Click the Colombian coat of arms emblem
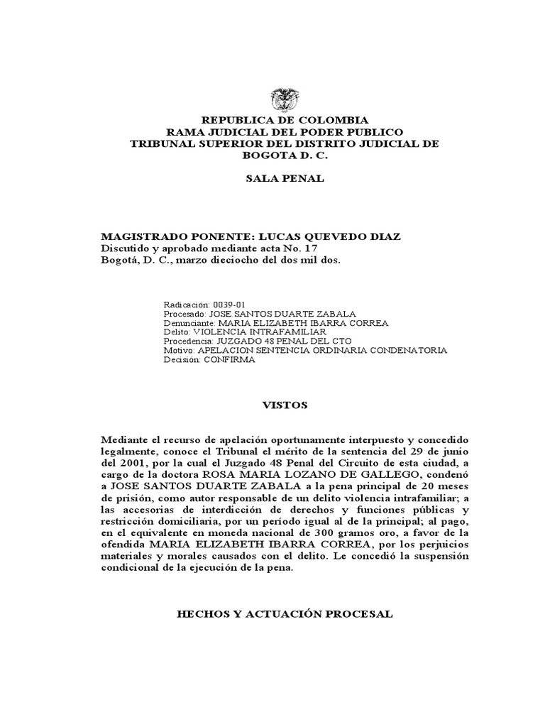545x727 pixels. point(284,98)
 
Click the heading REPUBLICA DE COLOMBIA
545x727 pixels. point(285,121)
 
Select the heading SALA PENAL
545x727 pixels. point(285,178)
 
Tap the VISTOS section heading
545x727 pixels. point(285,405)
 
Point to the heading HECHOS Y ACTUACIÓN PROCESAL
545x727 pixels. point(285,613)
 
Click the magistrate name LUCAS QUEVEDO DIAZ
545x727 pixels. point(334,236)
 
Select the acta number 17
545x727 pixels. point(311,248)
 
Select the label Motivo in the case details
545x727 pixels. point(177,350)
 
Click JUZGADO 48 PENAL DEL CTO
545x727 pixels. point(287,341)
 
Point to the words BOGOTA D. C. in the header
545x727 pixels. point(285,155)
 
